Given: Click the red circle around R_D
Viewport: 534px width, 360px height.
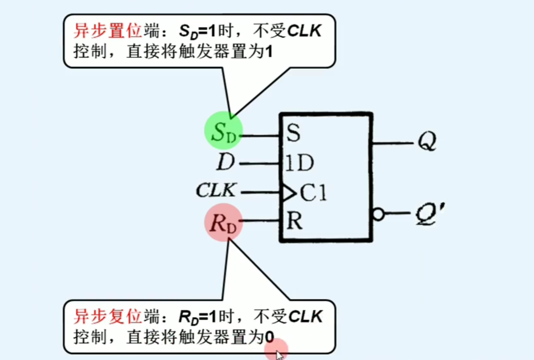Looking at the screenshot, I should (223, 222).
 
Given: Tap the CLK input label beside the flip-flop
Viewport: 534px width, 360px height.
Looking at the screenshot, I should (216, 190).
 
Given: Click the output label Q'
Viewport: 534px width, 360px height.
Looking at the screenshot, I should (428, 214).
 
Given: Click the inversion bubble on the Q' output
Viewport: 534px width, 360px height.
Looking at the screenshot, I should (378, 214).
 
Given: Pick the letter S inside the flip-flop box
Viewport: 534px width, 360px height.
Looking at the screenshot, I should (293, 134).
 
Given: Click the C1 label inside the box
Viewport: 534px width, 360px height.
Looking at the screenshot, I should (313, 193).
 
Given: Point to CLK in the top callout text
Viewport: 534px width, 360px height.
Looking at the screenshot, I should (304, 32).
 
